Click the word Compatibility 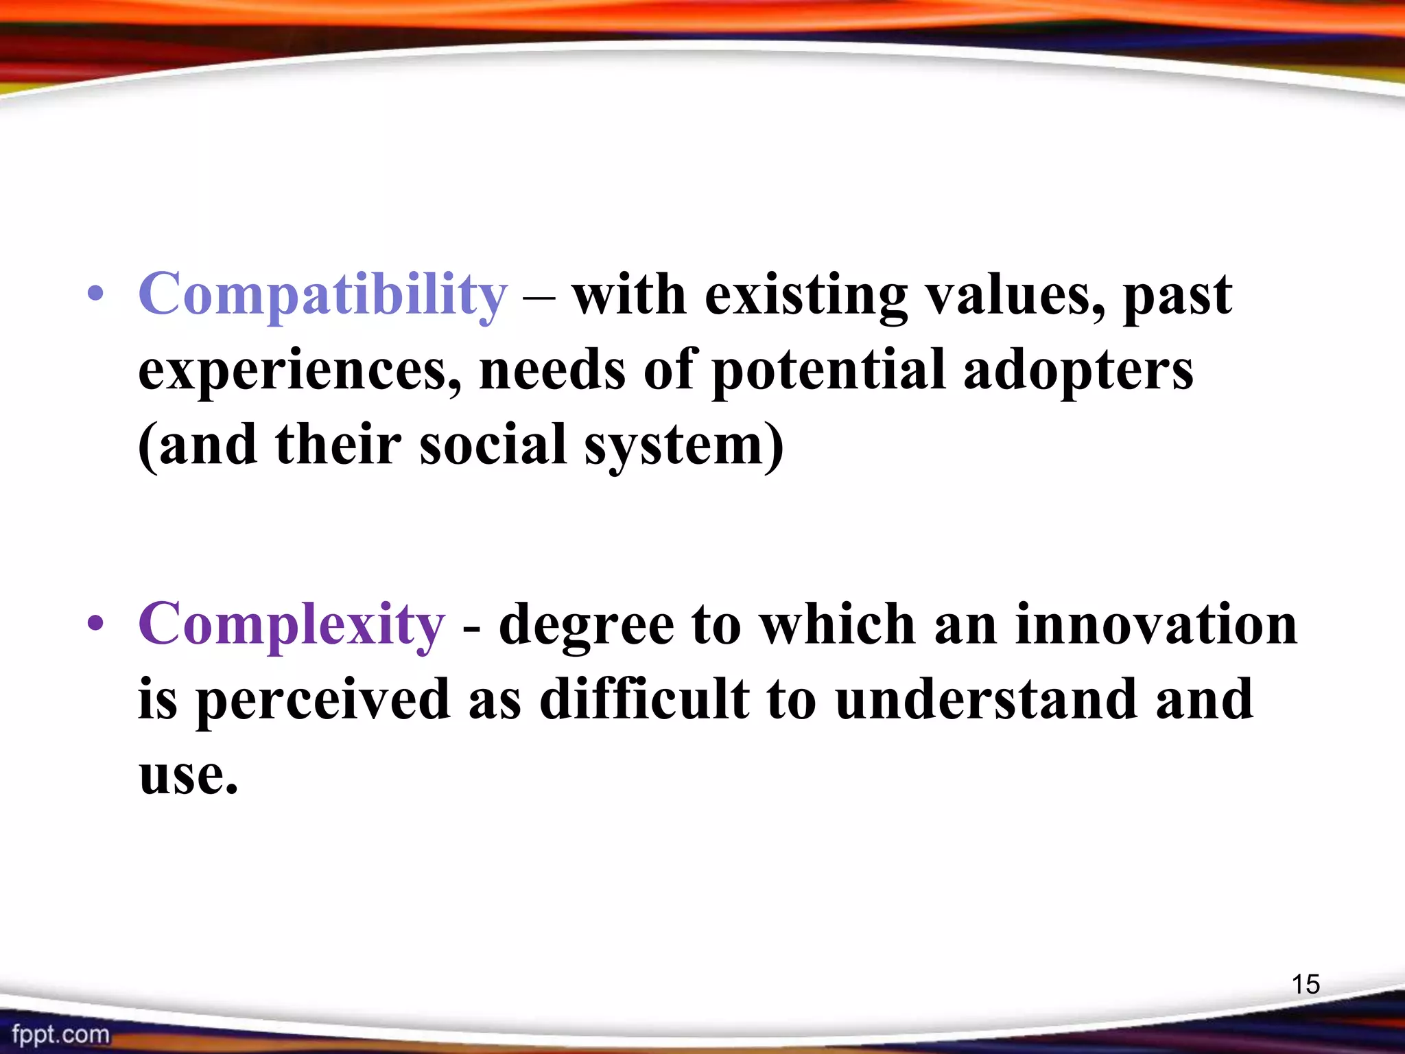tap(322, 295)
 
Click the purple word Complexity tap(292, 624)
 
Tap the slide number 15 tap(1306, 984)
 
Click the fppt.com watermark tap(60, 1034)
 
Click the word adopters tap(1078, 371)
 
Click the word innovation tap(1156, 624)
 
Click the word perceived tap(322, 700)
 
